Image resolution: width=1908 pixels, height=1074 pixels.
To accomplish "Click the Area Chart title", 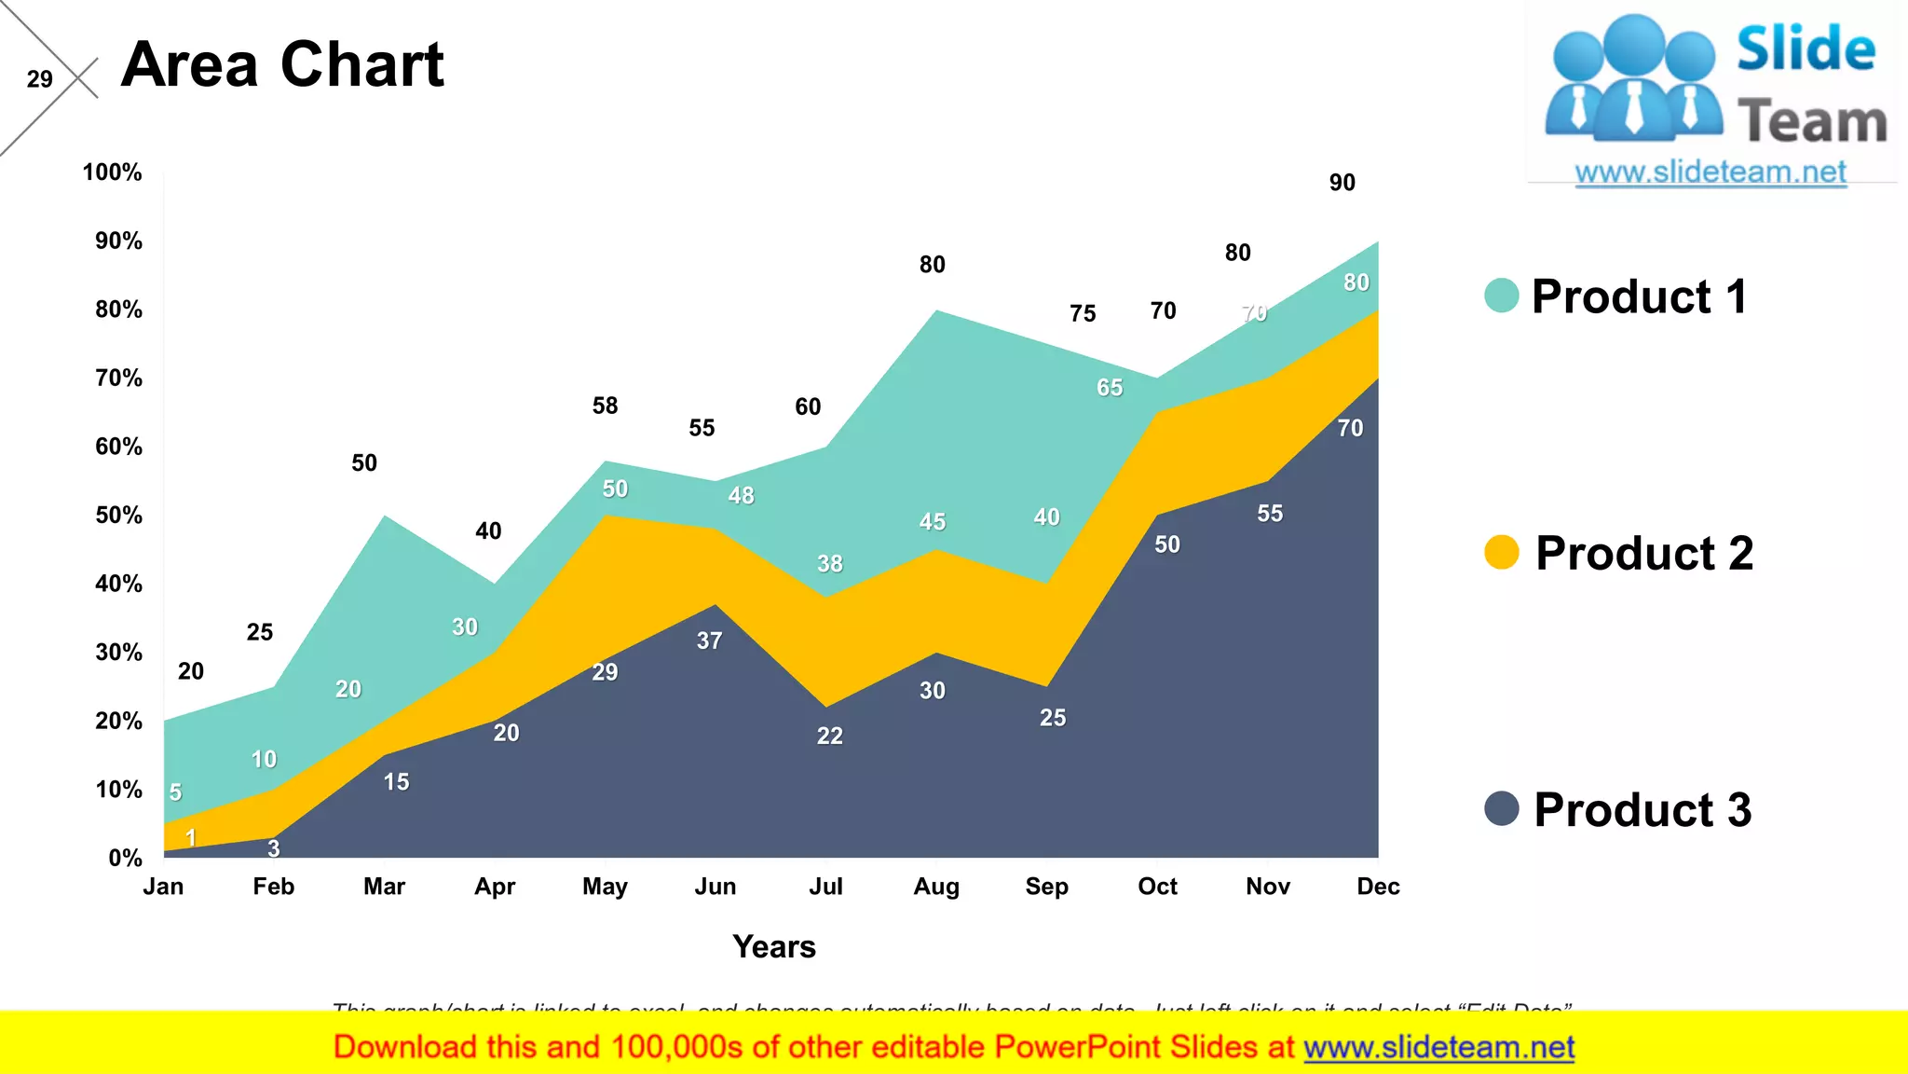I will pos(282,65).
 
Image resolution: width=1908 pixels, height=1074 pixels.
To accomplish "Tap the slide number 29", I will pos(39,79).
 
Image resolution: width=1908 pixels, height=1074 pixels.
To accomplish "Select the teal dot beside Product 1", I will pos(1501,296).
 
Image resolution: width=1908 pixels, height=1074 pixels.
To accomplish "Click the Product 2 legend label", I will pos(1643,553).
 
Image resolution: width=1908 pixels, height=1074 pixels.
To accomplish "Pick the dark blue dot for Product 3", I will pos(1501,808).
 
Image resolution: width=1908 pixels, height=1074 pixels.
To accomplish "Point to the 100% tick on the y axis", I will pos(112,172).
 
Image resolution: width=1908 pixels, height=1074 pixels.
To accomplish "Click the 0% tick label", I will pos(125,858).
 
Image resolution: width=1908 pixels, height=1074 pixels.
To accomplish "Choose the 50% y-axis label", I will pos(118,516).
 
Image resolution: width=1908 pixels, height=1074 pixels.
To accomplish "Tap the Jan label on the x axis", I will pos(163,887).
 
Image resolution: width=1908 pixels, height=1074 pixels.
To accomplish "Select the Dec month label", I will pos(1378,887).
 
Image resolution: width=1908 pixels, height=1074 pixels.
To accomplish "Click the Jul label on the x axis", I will pos(825,887).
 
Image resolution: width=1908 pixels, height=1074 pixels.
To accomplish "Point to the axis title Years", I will pos(773,947).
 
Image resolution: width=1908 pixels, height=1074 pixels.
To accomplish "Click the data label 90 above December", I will pos(1342,183).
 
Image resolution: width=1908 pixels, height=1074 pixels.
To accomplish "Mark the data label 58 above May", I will pos(605,406).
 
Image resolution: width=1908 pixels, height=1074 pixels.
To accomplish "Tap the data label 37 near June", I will pos(709,640).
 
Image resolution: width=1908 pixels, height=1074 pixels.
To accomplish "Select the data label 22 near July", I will pos(829,736).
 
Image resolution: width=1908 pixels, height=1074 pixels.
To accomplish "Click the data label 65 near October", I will pos(1109,388).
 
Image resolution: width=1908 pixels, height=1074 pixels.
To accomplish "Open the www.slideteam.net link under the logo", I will pos(1710,172).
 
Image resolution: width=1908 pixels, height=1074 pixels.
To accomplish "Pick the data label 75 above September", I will pos(1083,313).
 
